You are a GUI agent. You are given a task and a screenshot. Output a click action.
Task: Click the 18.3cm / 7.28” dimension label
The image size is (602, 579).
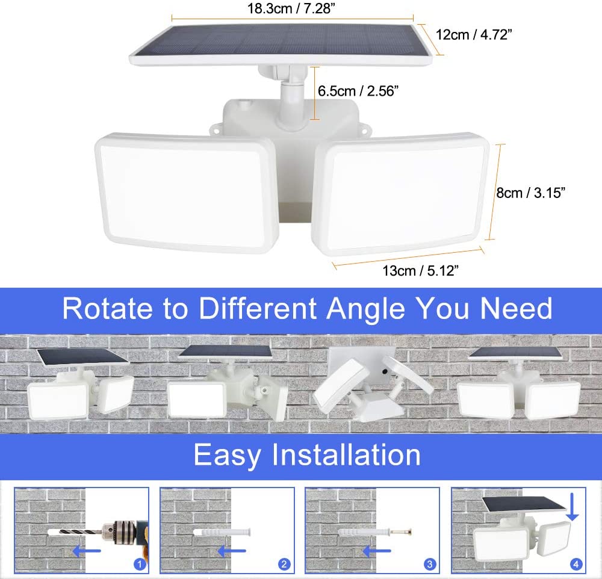click(x=291, y=8)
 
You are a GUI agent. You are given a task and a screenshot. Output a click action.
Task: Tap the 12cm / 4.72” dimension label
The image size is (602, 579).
click(x=474, y=34)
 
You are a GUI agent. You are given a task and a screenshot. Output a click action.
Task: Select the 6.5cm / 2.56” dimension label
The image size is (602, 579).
click(x=358, y=91)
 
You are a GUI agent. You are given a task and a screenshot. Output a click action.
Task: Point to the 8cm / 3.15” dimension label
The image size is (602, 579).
click(x=530, y=193)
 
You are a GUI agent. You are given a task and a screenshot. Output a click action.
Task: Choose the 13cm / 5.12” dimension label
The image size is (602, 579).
click(x=420, y=271)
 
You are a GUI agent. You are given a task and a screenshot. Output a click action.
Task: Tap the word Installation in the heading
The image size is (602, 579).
click(x=346, y=455)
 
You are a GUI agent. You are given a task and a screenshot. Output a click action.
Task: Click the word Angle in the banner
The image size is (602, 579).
click(x=365, y=309)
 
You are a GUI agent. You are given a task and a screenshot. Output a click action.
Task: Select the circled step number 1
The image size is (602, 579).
click(x=140, y=564)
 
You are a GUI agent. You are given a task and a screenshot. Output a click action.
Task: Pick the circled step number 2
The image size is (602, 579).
click(x=284, y=564)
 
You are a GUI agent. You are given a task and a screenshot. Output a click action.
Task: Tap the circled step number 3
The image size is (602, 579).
click(x=430, y=564)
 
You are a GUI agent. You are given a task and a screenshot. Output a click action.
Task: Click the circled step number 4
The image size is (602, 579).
click(x=576, y=564)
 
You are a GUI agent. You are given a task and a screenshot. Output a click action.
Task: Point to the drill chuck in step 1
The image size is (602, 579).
click(x=119, y=532)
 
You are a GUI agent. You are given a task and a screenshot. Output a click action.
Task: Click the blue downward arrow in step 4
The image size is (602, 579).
click(x=572, y=507)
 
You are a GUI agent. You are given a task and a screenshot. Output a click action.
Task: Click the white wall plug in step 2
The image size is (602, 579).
click(x=222, y=533)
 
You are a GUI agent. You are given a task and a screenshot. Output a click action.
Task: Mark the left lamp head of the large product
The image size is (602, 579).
click(x=186, y=193)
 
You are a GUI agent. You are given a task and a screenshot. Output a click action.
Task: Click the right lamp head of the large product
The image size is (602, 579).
click(x=400, y=194)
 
